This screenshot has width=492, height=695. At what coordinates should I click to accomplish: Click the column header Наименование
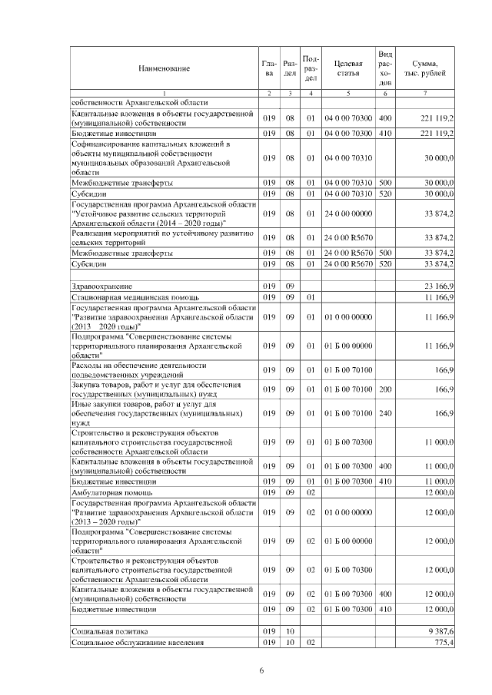(x=164, y=69)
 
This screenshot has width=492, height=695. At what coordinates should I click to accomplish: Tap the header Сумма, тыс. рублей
(x=425, y=69)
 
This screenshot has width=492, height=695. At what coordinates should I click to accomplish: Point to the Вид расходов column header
(x=385, y=68)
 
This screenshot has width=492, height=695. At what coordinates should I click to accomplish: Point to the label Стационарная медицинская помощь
(x=135, y=296)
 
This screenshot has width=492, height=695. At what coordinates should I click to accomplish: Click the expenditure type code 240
(x=385, y=412)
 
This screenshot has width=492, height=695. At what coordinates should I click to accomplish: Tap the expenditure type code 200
(x=385, y=389)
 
